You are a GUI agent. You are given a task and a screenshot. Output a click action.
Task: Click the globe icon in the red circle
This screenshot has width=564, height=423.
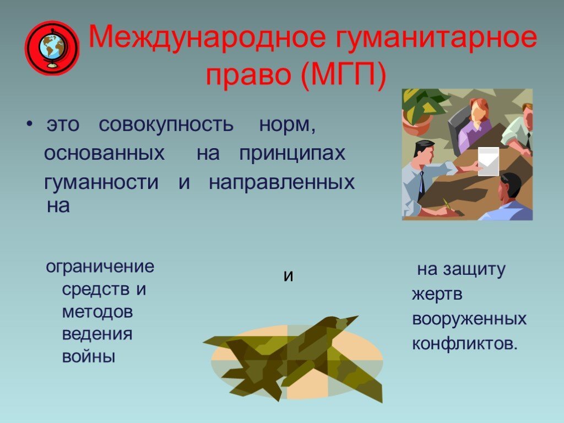tap(52, 48)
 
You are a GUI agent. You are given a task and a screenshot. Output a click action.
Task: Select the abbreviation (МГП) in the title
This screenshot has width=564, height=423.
tap(343, 75)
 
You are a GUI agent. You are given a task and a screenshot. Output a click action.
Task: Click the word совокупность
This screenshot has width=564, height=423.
tap(166, 124)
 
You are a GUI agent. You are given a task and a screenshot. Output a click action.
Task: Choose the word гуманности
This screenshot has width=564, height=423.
tap(101, 182)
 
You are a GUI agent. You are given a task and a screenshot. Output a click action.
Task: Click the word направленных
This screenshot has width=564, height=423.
tap(281, 183)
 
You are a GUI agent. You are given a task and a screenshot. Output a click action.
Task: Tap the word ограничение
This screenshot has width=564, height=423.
tap(100, 267)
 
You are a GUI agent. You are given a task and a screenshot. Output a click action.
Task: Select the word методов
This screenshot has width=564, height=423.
tap(97, 312)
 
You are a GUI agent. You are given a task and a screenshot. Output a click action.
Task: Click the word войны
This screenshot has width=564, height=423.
tap(89, 357)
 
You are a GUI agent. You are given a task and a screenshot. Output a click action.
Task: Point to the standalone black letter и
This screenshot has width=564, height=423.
tap(288, 276)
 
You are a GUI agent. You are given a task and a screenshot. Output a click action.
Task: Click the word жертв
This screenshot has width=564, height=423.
tap(437, 295)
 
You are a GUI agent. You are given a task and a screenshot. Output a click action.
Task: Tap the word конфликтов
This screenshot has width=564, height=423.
tap(465, 344)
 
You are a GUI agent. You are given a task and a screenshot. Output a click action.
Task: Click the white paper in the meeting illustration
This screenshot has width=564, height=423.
tap(488, 161)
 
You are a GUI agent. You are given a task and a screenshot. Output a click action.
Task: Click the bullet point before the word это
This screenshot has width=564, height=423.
tap(30, 124)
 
